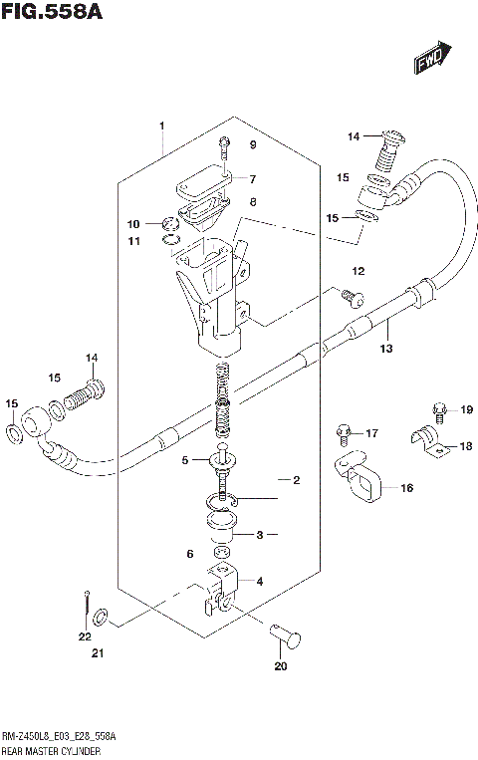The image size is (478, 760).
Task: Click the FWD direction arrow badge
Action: tap(431, 62)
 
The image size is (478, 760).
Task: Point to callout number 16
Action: tap(406, 488)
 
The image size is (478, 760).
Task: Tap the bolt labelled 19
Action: tap(438, 407)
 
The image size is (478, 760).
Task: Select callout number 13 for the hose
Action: tap(386, 349)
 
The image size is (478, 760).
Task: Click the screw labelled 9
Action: tap(224, 145)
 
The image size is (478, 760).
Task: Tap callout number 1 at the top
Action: tap(160, 127)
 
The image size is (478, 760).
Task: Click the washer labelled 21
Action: tap(100, 620)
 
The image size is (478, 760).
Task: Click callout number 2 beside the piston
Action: tap(296, 480)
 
